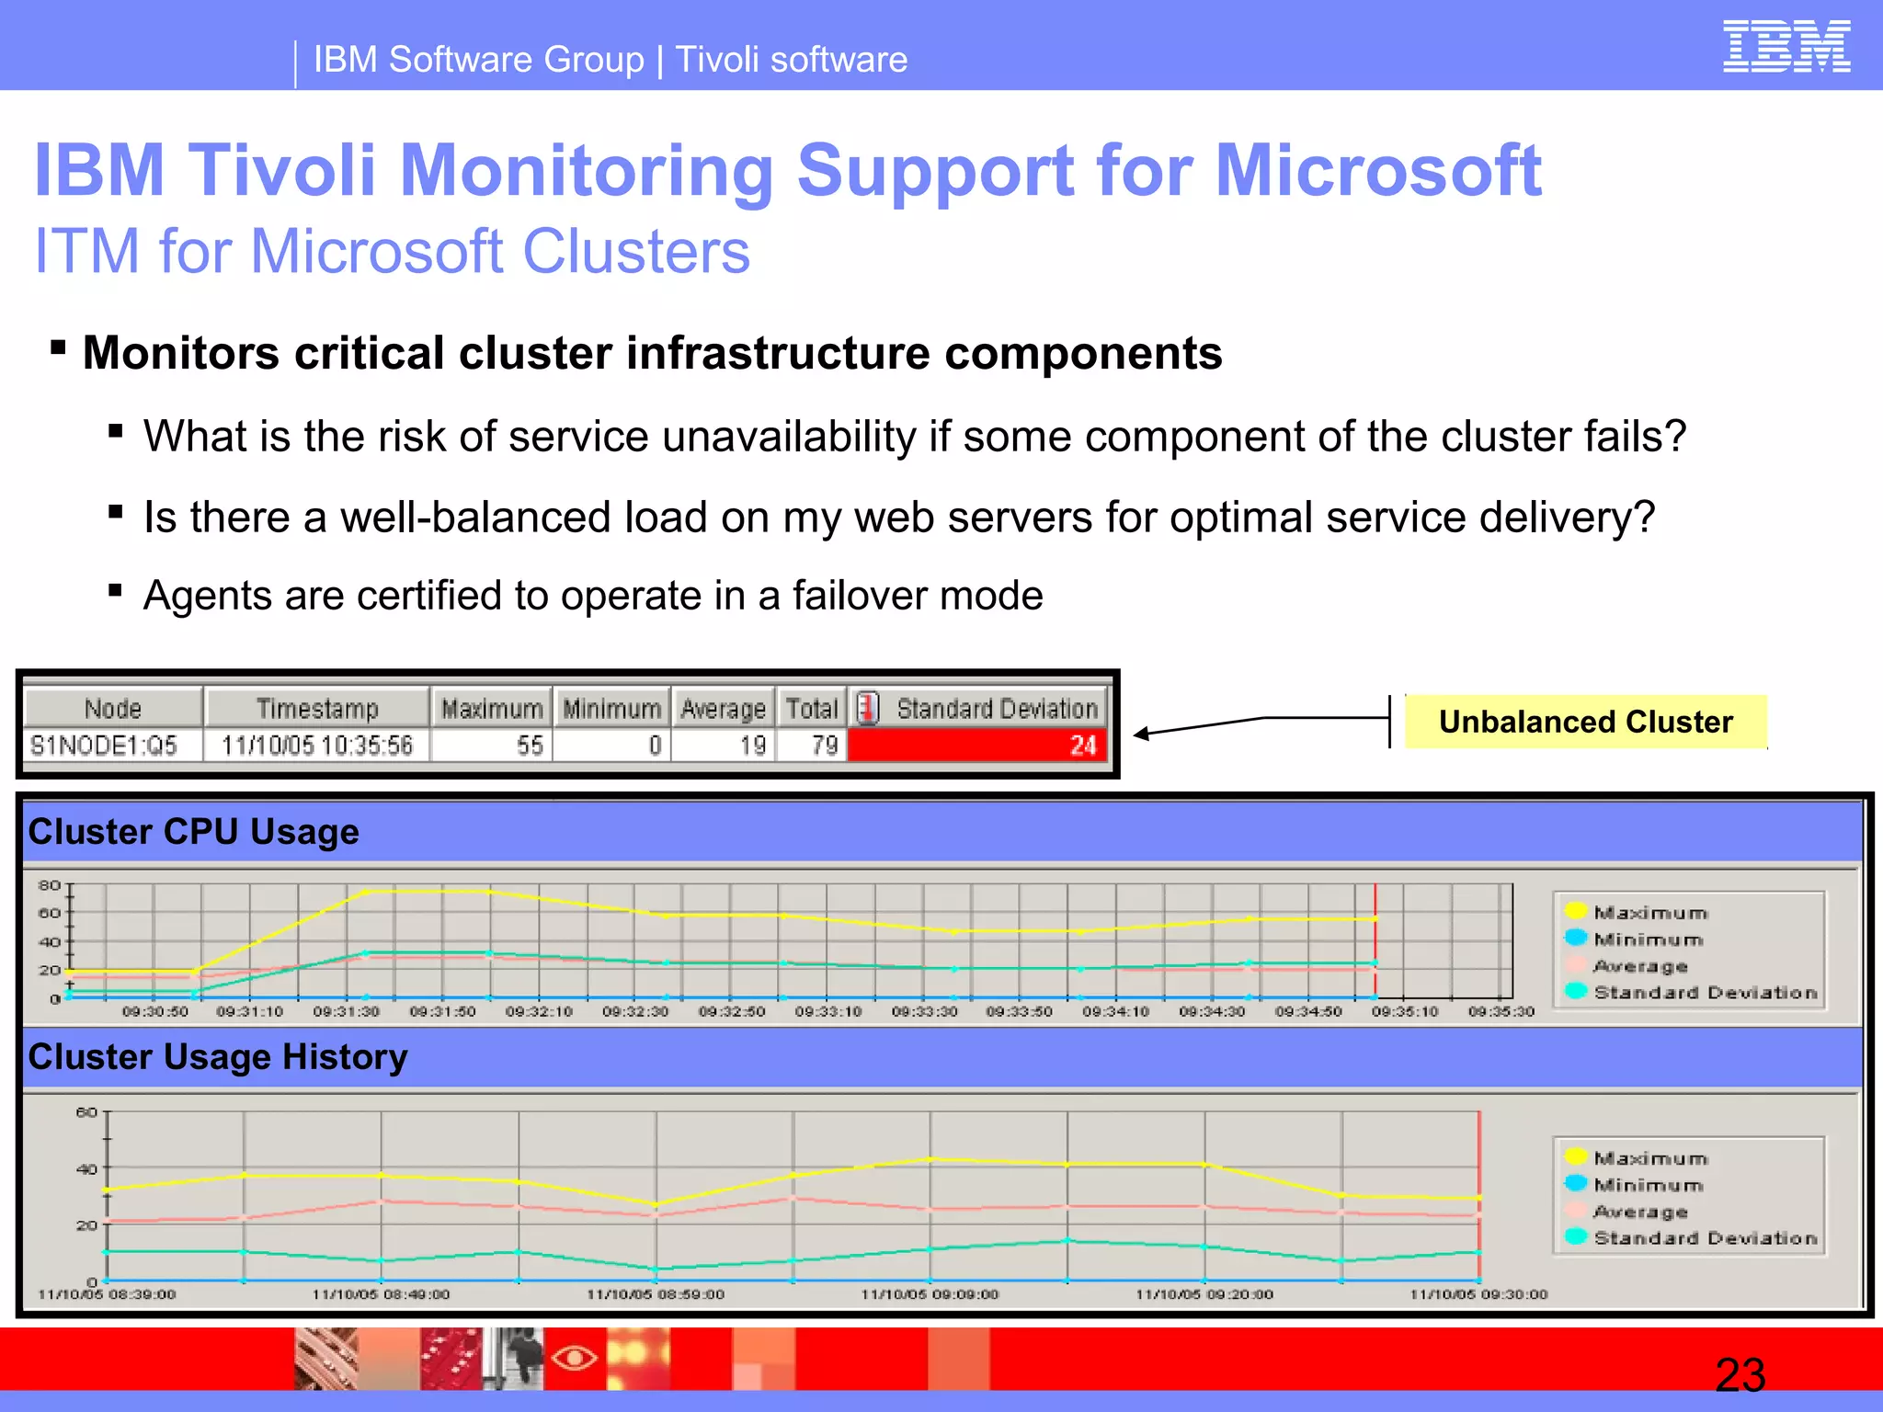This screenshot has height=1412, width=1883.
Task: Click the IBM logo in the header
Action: (1786, 46)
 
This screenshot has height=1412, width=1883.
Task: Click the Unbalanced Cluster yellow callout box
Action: (1585, 722)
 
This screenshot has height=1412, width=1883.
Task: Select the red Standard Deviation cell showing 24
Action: (976, 745)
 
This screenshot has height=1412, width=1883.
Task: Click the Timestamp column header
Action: (317, 709)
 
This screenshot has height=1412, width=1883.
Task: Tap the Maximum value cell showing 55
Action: (492, 745)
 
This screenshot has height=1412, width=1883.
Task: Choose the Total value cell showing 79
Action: (812, 745)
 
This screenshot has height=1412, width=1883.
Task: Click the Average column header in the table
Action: (723, 709)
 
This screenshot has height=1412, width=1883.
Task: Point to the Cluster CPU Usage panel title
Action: (194, 832)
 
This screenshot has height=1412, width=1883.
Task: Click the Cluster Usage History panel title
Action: (218, 1057)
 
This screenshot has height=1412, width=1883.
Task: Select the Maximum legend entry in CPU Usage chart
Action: (1649, 912)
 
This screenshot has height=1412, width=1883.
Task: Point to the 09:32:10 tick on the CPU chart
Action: (539, 1011)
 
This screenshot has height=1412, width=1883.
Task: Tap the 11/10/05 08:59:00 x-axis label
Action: (656, 1294)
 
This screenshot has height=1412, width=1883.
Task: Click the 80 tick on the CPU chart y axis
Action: (49, 885)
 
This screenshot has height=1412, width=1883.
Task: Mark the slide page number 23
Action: (1740, 1375)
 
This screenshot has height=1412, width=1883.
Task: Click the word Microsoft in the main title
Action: (1378, 170)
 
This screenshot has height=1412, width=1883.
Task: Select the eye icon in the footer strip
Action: (575, 1357)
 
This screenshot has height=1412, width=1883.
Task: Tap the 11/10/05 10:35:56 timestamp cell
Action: (317, 745)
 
